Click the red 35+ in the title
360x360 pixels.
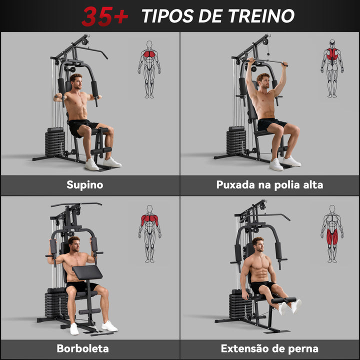tap(105, 16)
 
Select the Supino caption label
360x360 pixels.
tap(85, 185)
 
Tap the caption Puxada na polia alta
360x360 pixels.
tap(269, 185)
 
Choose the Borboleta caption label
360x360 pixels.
tap(82, 348)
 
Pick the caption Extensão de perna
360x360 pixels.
tap(269, 348)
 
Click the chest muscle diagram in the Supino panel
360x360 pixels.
tap(149, 69)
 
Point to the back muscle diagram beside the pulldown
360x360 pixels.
tap(332, 68)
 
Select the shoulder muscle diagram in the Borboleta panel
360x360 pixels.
tap(149, 233)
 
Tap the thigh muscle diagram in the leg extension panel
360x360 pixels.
tap(332, 233)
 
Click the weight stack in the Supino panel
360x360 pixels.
tap(55, 142)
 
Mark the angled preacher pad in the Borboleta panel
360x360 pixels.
tap(87, 272)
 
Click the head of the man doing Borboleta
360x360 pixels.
tap(74, 244)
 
